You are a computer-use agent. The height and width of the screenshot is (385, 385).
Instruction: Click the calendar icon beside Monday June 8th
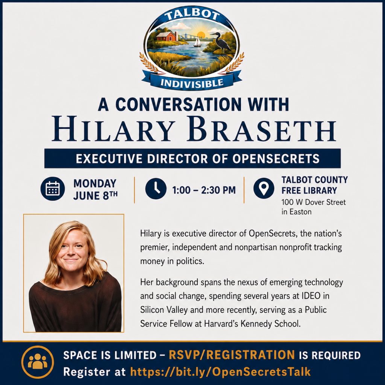[x=53, y=188]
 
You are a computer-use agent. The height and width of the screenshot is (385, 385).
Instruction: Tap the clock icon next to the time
[x=156, y=188]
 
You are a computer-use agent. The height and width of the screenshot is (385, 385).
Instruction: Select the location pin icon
[x=264, y=188]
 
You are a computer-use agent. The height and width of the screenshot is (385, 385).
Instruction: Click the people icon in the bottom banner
[x=38, y=362]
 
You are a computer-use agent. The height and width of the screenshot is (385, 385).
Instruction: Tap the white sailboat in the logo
[x=197, y=42]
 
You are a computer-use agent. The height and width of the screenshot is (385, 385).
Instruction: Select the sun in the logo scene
[x=201, y=34]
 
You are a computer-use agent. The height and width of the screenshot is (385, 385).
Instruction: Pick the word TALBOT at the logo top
[x=192, y=15]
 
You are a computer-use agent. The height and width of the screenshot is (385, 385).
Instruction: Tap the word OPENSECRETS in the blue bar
[x=276, y=159]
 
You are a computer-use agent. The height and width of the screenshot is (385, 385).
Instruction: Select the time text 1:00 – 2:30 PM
[x=204, y=190]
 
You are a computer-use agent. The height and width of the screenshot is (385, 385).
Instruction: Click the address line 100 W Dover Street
[x=314, y=202]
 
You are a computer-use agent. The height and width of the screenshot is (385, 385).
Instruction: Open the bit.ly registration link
[x=220, y=372]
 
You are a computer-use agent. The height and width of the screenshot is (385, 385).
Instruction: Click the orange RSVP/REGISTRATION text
[x=232, y=355]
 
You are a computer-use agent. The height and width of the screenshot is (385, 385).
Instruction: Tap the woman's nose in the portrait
[x=70, y=252]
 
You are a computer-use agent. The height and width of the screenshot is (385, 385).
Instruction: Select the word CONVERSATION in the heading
[x=179, y=105]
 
